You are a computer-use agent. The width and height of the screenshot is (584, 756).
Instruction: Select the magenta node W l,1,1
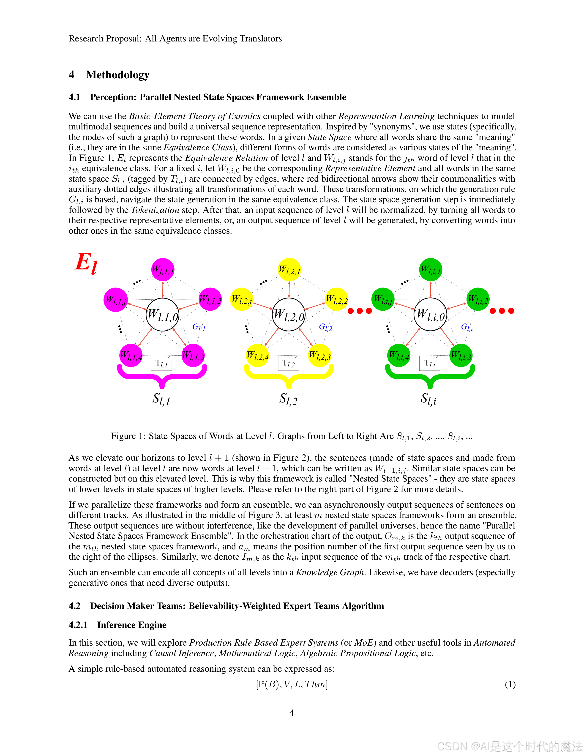coord(163,270)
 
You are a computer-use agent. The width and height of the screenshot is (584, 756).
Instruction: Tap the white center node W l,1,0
coord(163,315)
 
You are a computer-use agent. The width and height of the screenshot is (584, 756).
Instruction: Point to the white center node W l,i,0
coord(430,315)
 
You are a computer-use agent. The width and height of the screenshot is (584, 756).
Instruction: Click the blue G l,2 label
coord(325,327)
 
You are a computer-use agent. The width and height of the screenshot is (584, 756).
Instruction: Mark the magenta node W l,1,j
coord(116,300)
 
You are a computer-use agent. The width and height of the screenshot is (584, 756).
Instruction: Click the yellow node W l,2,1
coord(289,270)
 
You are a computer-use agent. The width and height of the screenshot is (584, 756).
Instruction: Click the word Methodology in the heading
coord(118,75)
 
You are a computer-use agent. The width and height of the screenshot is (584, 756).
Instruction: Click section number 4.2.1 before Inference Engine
coord(78,625)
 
